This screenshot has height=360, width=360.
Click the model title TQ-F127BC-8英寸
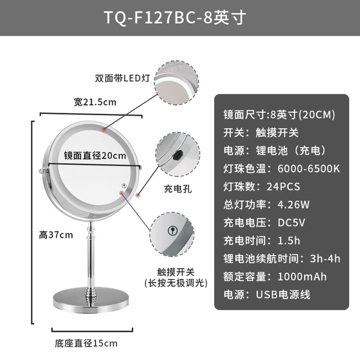coord(175,17)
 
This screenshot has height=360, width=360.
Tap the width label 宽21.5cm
coord(95,102)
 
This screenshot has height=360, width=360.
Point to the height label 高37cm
coord(56,235)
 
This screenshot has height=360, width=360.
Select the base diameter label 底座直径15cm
coord(86,343)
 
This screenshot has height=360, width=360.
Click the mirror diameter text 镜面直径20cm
coord(95,155)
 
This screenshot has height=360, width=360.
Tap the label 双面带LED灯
coord(122,78)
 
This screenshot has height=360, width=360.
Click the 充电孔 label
coord(178,189)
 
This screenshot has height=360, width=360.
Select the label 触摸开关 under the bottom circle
coord(176,272)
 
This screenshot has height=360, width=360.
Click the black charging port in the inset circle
coord(178,155)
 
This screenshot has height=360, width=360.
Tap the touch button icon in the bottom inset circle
coord(173,230)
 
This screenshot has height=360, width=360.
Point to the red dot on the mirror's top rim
coord(104,130)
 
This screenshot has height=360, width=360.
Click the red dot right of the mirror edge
coord(138,196)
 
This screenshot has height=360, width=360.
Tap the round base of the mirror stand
coord(91,299)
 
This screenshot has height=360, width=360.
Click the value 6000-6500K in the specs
coord(308,169)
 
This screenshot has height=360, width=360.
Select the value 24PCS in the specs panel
coord(283,187)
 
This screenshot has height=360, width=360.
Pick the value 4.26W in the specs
coord(293,205)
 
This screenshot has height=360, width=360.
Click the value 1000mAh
coord(302,277)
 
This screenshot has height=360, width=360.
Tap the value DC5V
coord(292,223)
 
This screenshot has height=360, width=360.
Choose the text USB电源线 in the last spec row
coord(283,295)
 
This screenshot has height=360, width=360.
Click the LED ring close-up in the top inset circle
coord(177,83)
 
